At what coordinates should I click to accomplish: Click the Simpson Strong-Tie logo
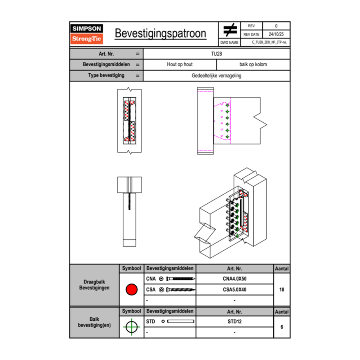tap(87, 34)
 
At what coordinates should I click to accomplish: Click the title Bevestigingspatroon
tap(160, 34)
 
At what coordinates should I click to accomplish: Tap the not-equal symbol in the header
tap(230, 30)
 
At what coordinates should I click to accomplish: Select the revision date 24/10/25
tap(276, 34)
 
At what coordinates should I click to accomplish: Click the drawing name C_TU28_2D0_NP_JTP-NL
tap(269, 42)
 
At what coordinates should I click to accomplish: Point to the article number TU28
tap(216, 53)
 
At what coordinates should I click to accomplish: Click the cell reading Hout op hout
tap(180, 65)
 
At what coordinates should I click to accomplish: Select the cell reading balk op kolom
tap(253, 65)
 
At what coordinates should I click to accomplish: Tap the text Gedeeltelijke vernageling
tap(216, 76)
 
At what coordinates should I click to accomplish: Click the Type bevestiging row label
tap(106, 76)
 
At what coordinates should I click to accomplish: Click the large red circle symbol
tap(131, 290)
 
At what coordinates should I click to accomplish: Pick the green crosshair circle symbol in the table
tap(131, 327)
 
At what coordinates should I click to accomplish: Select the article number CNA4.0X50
tap(234, 279)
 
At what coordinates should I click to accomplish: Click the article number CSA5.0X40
tap(234, 290)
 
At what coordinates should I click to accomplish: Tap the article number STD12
tap(234, 322)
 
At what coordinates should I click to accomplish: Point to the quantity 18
tap(281, 290)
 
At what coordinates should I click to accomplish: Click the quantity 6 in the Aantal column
tap(281, 327)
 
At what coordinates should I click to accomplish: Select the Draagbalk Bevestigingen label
tap(94, 285)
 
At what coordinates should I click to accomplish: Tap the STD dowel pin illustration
tap(180, 322)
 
